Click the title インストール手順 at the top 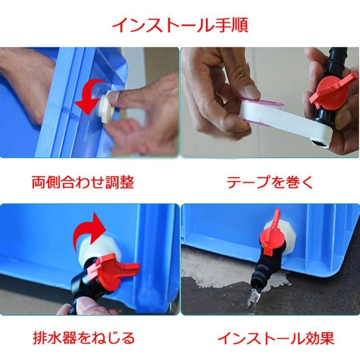pyautogui.click(x=180, y=25)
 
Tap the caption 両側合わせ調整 pyautogui.click(x=83, y=182)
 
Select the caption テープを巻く pyautogui.click(x=270, y=182)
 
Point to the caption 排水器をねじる pyautogui.click(x=84, y=338)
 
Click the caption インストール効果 pyautogui.click(x=276, y=338)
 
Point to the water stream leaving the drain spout pyautogui.click(x=252, y=300)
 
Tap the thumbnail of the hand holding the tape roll pyautogui.click(x=270, y=102)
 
